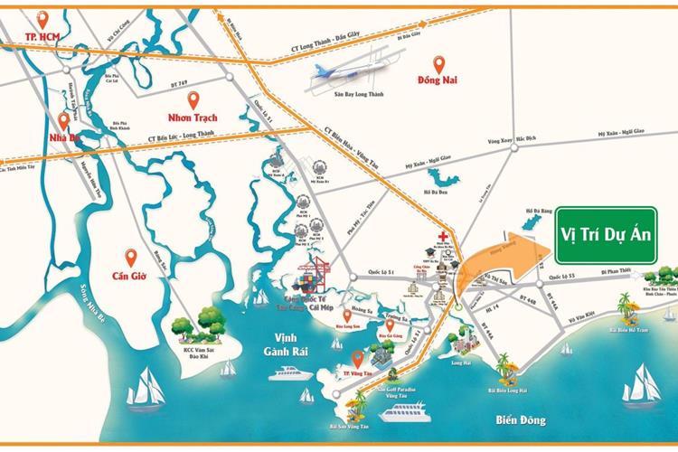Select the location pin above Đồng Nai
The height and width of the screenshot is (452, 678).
click(439, 65)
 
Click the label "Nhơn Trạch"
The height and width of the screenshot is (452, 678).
click(193, 117)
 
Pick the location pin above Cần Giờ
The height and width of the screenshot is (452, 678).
click(131, 258)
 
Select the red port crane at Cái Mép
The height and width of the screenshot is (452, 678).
click(315, 269)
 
